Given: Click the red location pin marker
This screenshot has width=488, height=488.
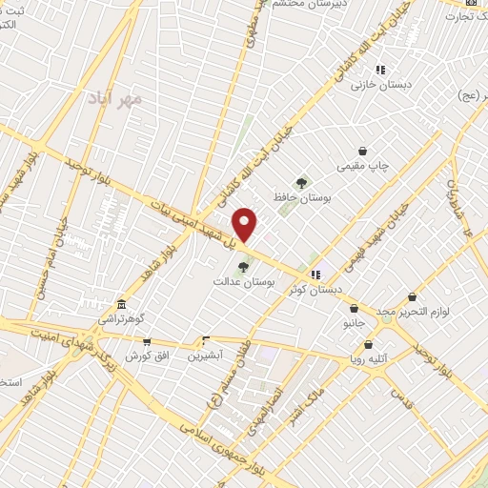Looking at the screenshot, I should (x=245, y=223).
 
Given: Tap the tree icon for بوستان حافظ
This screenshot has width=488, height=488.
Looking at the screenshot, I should (x=302, y=183).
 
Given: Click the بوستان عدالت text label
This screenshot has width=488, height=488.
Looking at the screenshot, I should (x=243, y=282).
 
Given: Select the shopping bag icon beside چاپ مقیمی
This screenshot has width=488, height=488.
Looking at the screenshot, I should (x=362, y=151).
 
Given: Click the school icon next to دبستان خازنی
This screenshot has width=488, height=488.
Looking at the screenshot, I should (x=379, y=70).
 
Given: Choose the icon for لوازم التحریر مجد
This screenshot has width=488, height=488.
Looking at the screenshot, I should (x=412, y=297).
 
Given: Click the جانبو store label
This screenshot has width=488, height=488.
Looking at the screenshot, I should (x=354, y=324).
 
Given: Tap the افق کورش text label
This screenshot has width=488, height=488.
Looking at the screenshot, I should (x=146, y=356).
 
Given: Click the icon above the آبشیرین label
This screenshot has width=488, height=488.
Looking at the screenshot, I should (x=206, y=339).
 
